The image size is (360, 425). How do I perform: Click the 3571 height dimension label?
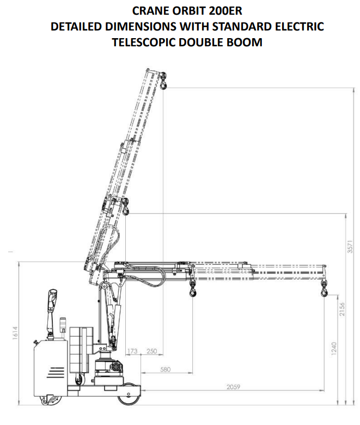pyautogui.click(x=350, y=246)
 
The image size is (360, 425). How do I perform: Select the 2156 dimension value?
pyautogui.click(x=342, y=309)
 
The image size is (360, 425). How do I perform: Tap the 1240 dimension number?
pyautogui.click(x=333, y=349)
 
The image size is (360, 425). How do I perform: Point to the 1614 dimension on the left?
pyautogui.click(x=15, y=333)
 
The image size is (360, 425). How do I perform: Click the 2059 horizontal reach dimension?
pyautogui.click(x=233, y=387)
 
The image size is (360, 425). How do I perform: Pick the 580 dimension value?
pyautogui.click(x=165, y=369)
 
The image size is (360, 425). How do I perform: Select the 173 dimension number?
pyautogui.click(x=132, y=351)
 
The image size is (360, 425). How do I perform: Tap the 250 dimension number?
pyautogui.click(x=152, y=351)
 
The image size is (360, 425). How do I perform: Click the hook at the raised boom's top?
pyautogui.click(x=163, y=81)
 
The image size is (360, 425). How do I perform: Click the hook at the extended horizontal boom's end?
pyautogui.click(x=324, y=289)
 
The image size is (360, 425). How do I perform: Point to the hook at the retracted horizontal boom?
pyautogui.click(x=193, y=289)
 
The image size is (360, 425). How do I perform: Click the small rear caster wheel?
pyautogui.click(x=51, y=399)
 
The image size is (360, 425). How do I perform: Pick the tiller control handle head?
pyautogui.click(x=52, y=300)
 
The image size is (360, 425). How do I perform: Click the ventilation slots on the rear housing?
pyautogui.click(x=56, y=372)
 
